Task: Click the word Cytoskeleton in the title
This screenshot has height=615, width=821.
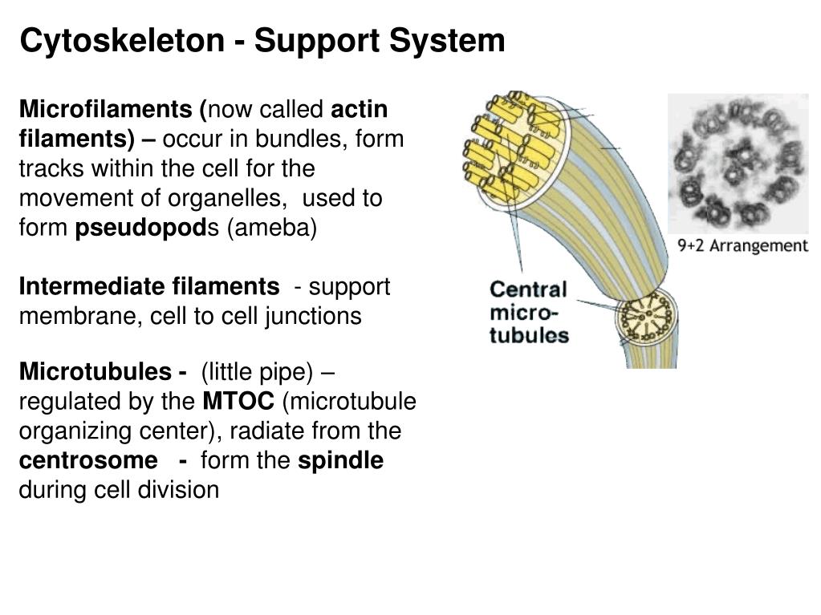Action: [x=121, y=40]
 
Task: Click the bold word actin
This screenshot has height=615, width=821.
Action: [x=360, y=109]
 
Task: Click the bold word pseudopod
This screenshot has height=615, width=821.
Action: [x=141, y=228]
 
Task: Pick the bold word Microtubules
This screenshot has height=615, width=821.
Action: [x=95, y=372]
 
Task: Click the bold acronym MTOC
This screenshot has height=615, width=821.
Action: [x=238, y=401]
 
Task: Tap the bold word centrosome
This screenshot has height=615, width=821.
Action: [x=88, y=460]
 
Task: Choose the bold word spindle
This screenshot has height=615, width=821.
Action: [x=340, y=460]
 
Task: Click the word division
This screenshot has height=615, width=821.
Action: [x=179, y=490]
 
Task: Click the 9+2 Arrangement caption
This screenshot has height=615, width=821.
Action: [x=742, y=245]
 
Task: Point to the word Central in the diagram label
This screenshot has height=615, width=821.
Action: [x=528, y=289]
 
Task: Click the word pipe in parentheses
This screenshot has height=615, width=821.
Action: [x=288, y=372]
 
